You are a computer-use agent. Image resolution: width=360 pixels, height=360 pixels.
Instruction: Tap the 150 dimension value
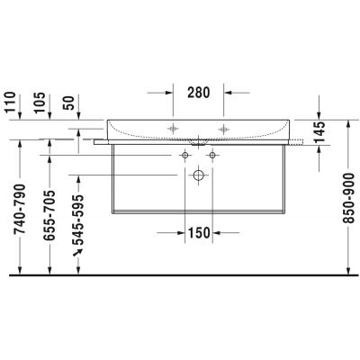tap(198, 233)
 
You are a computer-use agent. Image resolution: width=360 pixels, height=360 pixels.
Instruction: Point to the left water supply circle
tap(184, 155)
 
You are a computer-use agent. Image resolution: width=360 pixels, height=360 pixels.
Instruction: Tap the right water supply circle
tap(211, 155)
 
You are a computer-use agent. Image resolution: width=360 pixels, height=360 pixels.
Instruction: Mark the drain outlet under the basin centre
tap(197, 141)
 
